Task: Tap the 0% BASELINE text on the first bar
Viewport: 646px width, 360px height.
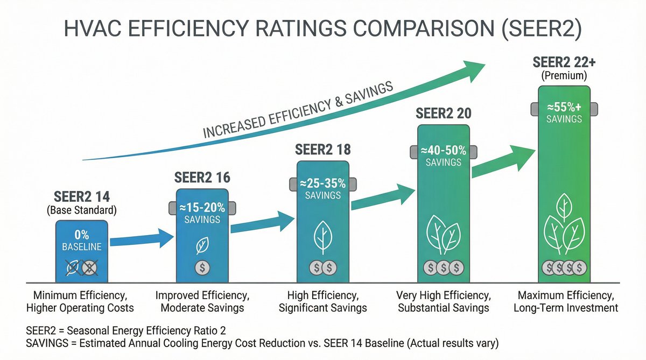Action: click(82, 242)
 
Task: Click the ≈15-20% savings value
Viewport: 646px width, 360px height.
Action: click(202, 208)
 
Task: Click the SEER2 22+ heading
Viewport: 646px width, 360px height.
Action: click(564, 62)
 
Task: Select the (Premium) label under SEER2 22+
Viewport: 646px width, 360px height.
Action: click(564, 76)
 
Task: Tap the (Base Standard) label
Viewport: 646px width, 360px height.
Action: click(82, 210)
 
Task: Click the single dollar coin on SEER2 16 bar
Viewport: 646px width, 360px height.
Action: click(202, 267)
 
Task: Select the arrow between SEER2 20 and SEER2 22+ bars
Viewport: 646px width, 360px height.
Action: click(503, 162)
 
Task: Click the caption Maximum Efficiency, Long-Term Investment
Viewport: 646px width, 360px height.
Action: click(565, 302)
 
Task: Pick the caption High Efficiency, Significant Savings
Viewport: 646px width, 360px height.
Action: click(323, 302)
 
